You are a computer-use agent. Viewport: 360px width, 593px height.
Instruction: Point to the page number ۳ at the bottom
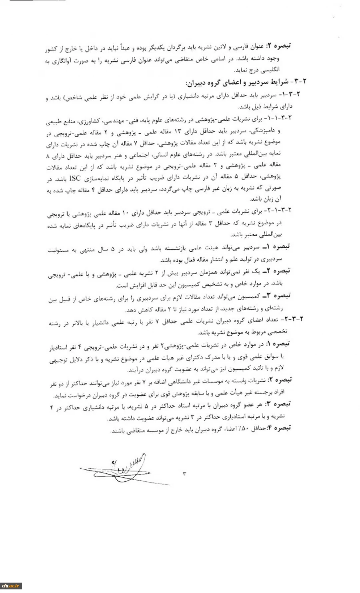184,474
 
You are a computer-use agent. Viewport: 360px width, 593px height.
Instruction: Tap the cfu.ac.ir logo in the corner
11,586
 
